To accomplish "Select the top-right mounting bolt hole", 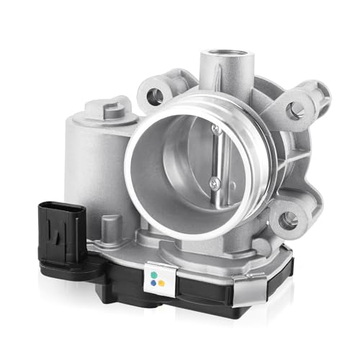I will tap(294, 110).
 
